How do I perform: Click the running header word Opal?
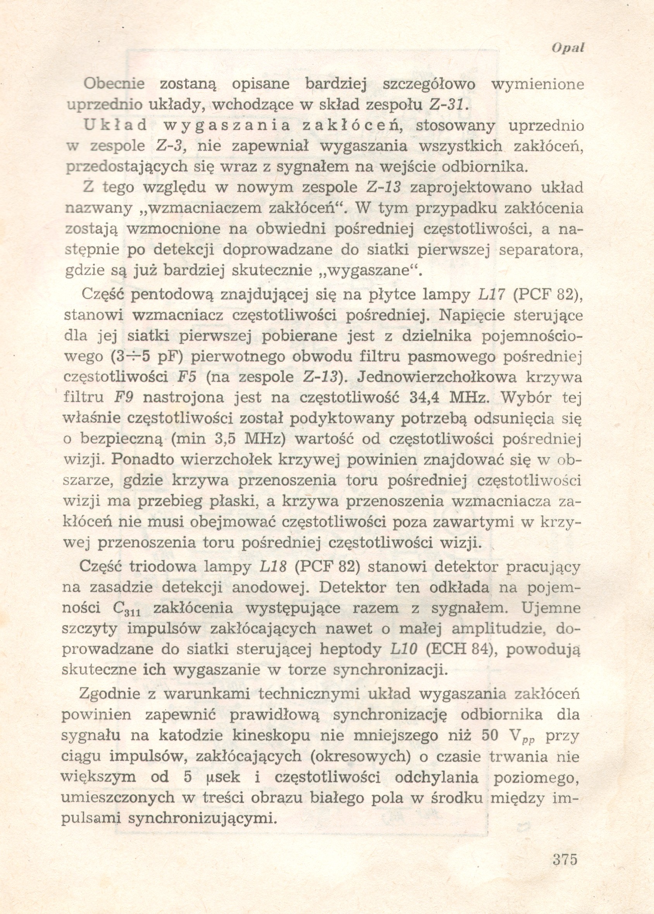click(568, 48)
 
